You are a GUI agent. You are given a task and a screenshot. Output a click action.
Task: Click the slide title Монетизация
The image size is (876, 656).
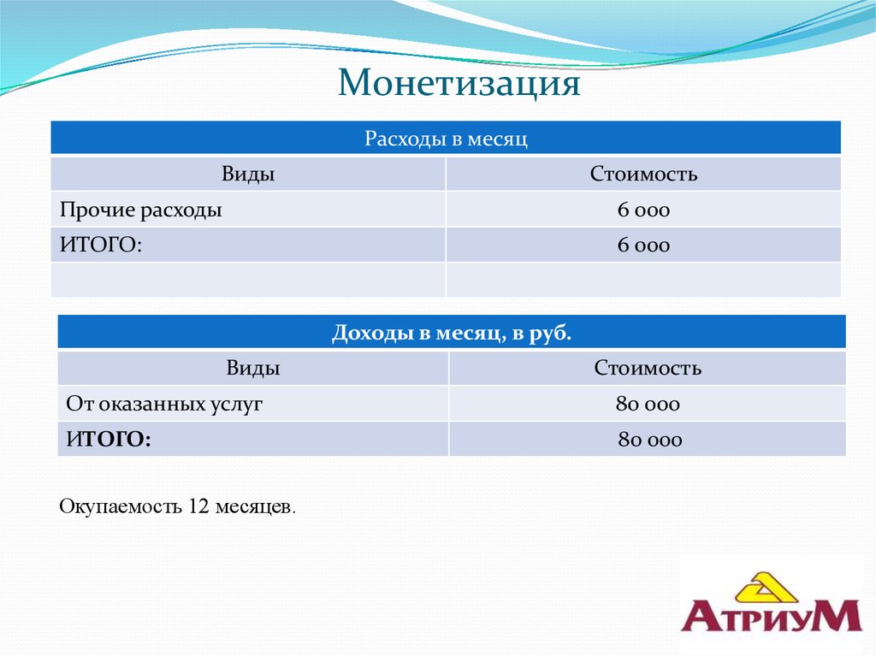tap(459, 84)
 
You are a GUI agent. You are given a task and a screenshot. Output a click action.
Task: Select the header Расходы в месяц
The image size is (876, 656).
tap(445, 139)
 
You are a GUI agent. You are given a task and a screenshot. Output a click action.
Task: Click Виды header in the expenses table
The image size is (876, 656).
tap(248, 174)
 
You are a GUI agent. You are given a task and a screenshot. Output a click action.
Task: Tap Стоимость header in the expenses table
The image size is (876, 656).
tap(643, 174)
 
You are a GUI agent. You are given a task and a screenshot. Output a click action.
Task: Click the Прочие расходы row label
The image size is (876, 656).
tap(141, 210)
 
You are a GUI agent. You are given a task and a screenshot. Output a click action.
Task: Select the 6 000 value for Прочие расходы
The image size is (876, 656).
tap(643, 210)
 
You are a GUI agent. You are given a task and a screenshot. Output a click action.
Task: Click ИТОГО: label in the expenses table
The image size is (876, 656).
tap(100, 245)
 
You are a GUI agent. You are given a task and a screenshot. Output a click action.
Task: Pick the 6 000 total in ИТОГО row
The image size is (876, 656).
tap(643, 245)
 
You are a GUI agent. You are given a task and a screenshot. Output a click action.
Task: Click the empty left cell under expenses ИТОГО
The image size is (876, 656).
tap(248, 280)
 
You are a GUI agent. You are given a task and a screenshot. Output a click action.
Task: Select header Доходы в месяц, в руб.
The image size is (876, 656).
tap(451, 333)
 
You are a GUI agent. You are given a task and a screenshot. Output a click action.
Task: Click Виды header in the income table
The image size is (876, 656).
tap(253, 369)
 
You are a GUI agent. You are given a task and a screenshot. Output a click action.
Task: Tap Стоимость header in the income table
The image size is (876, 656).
tap(648, 369)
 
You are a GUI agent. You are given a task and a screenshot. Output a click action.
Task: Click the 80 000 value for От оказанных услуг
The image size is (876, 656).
tap(648, 404)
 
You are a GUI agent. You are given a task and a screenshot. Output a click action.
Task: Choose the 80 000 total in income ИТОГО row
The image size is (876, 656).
tap(650, 440)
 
